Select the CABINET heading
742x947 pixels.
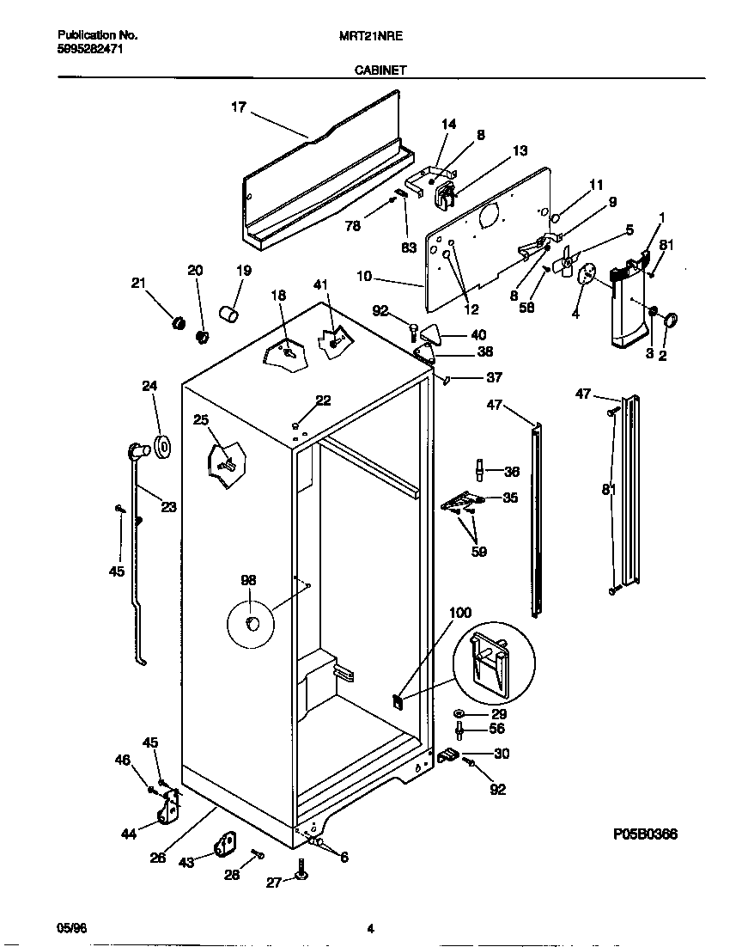pyautogui.click(x=380, y=72)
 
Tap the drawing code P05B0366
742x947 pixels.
pyautogui.click(x=645, y=834)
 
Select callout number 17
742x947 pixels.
pyautogui.click(x=238, y=107)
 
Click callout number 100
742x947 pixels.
pyautogui.click(x=460, y=613)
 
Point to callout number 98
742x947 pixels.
pyautogui.click(x=248, y=581)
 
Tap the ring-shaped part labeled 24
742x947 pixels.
pyautogui.click(x=161, y=448)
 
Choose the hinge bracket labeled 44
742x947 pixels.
pyautogui.click(x=170, y=805)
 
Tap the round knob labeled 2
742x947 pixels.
pyautogui.click(x=671, y=321)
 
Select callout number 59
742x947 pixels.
pyautogui.click(x=478, y=552)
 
